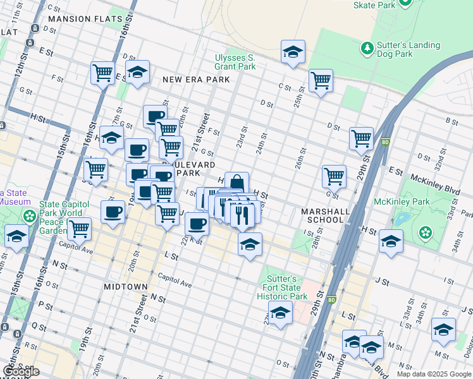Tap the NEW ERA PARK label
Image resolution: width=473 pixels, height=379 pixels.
pos(195,80)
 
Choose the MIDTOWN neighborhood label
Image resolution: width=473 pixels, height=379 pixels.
pos(126,287)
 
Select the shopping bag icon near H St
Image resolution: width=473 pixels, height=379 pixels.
pos(236,183)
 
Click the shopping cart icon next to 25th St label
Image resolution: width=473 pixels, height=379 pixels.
pos(321,80)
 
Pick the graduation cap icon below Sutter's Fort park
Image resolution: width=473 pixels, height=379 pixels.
pos(280,312)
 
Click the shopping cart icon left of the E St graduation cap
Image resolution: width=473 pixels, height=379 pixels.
pos(102,72)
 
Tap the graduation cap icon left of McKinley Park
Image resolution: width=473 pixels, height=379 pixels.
pos(391,241)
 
